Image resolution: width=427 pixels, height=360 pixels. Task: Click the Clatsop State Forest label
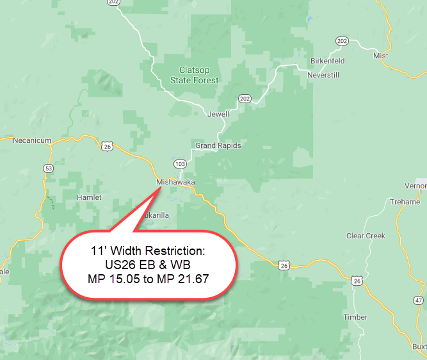(x=194, y=76)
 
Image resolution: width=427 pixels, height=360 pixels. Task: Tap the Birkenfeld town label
(x=327, y=61)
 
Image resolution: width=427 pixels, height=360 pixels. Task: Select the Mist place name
(x=381, y=56)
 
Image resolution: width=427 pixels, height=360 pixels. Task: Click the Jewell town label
(x=218, y=114)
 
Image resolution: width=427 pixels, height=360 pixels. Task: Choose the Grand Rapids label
(x=218, y=145)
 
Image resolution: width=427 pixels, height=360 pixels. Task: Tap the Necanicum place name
(x=32, y=140)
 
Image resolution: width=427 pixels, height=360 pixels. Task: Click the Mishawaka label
(x=175, y=183)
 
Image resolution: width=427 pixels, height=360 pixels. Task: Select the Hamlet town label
(x=89, y=197)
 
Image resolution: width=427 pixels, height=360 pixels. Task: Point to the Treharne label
(x=405, y=202)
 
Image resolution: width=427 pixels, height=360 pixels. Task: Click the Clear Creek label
(x=366, y=236)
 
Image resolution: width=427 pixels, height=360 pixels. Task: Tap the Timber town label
(x=355, y=317)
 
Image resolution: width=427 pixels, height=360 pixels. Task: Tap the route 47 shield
(x=418, y=300)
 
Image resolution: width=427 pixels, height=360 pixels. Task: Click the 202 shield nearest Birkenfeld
(x=342, y=41)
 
